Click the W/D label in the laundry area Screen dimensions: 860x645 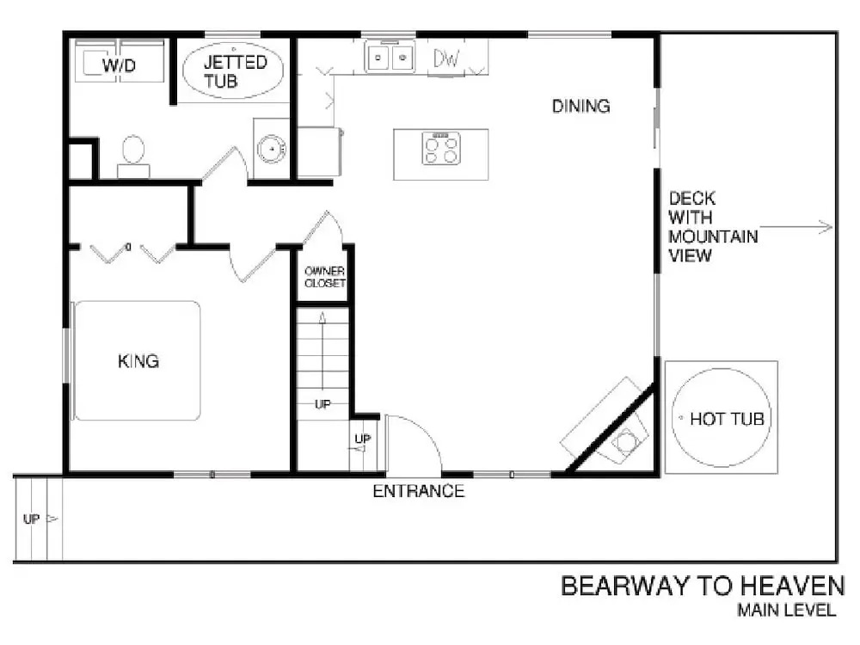point(119,65)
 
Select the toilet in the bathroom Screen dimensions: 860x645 point(133,156)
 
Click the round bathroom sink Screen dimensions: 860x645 point(271,148)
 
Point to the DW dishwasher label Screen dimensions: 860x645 point(445,58)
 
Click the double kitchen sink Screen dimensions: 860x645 point(390,57)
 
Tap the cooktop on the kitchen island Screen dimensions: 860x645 point(441,148)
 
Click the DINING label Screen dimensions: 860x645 point(580,106)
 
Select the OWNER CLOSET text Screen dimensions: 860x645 point(325,277)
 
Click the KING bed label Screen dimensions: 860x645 point(138,361)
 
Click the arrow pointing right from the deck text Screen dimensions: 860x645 point(795,226)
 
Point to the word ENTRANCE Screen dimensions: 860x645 point(419,491)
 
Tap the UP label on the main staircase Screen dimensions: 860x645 point(322,404)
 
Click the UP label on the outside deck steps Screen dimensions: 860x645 point(31,519)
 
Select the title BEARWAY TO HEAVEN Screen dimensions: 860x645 point(703,586)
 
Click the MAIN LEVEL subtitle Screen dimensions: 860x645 point(787,610)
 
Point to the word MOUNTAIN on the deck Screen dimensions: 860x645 point(713,236)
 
